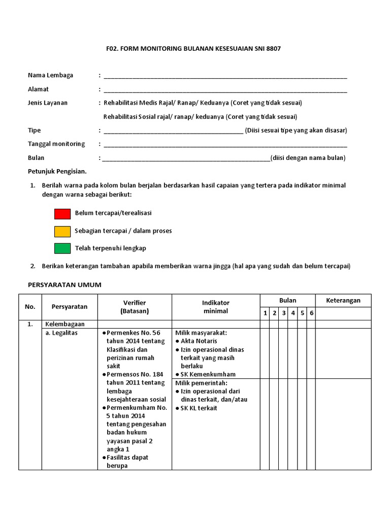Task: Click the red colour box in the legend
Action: coord(62,214)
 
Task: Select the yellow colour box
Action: coord(62,232)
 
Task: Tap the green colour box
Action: coord(62,249)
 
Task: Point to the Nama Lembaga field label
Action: coord(50,75)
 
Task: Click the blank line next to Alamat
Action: coord(225,89)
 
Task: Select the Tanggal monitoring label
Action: coord(56,144)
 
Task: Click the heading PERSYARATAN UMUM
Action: coord(64,285)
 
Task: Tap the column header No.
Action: coord(30,307)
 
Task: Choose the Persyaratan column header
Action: coord(70,307)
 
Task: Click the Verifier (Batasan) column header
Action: coord(135,307)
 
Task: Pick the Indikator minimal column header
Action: coord(216,307)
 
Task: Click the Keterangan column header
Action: coord(344,301)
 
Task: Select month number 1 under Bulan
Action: coord(265,313)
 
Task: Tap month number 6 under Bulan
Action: coord(311,313)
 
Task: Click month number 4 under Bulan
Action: coord(293,313)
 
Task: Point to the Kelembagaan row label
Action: coord(65,324)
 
